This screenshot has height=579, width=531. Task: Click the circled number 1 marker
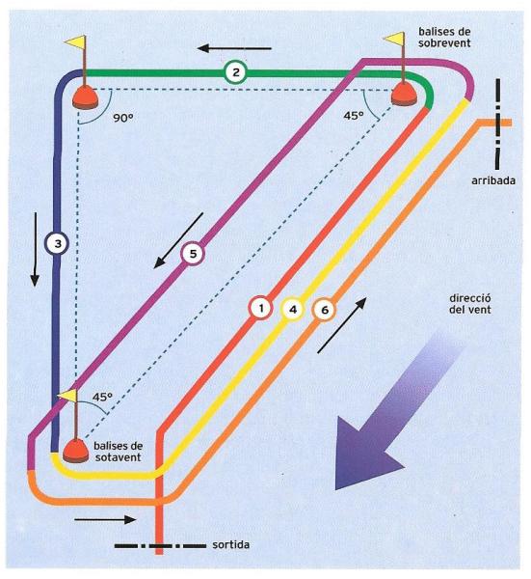(261, 308)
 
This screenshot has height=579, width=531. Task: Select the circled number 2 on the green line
(235, 72)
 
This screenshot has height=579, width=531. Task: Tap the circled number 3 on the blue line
(57, 243)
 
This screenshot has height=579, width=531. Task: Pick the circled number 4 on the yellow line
(293, 309)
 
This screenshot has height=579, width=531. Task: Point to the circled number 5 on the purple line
(193, 254)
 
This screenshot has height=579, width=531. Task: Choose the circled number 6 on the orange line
(325, 310)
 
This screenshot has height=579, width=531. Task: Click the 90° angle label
(123, 118)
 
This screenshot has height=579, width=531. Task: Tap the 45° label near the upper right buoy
(354, 116)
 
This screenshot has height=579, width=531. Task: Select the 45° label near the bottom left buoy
(102, 398)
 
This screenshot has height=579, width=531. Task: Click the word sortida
(231, 544)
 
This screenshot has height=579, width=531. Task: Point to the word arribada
(493, 180)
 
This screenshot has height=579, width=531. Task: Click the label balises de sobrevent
(444, 38)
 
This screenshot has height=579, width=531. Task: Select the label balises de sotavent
(118, 452)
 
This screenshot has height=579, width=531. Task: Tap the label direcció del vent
(470, 304)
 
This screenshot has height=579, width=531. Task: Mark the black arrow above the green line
(234, 48)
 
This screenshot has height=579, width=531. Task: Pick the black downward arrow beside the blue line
(35, 249)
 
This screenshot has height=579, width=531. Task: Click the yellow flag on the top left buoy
(75, 41)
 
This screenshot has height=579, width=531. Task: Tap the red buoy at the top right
(405, 94)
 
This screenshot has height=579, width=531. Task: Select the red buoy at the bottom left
(75, 451)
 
